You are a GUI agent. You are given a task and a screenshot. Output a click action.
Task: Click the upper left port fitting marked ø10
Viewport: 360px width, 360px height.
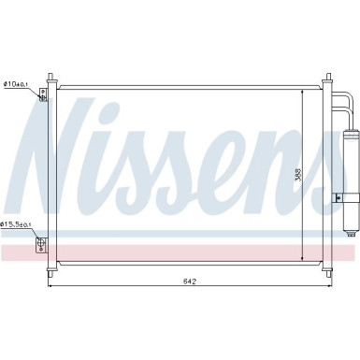click(x=42, y=96)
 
